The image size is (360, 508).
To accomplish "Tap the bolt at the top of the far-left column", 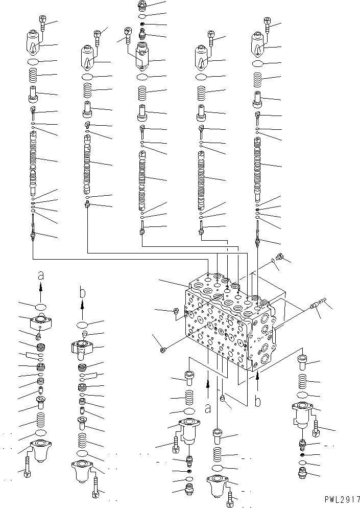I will pos(42,21).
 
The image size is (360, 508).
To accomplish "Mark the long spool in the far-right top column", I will pos(259,166).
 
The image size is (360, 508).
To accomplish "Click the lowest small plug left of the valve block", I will pos(163,350).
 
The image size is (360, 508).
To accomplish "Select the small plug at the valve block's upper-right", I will pos(279,257).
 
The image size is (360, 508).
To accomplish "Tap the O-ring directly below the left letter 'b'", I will pos(82,325).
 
